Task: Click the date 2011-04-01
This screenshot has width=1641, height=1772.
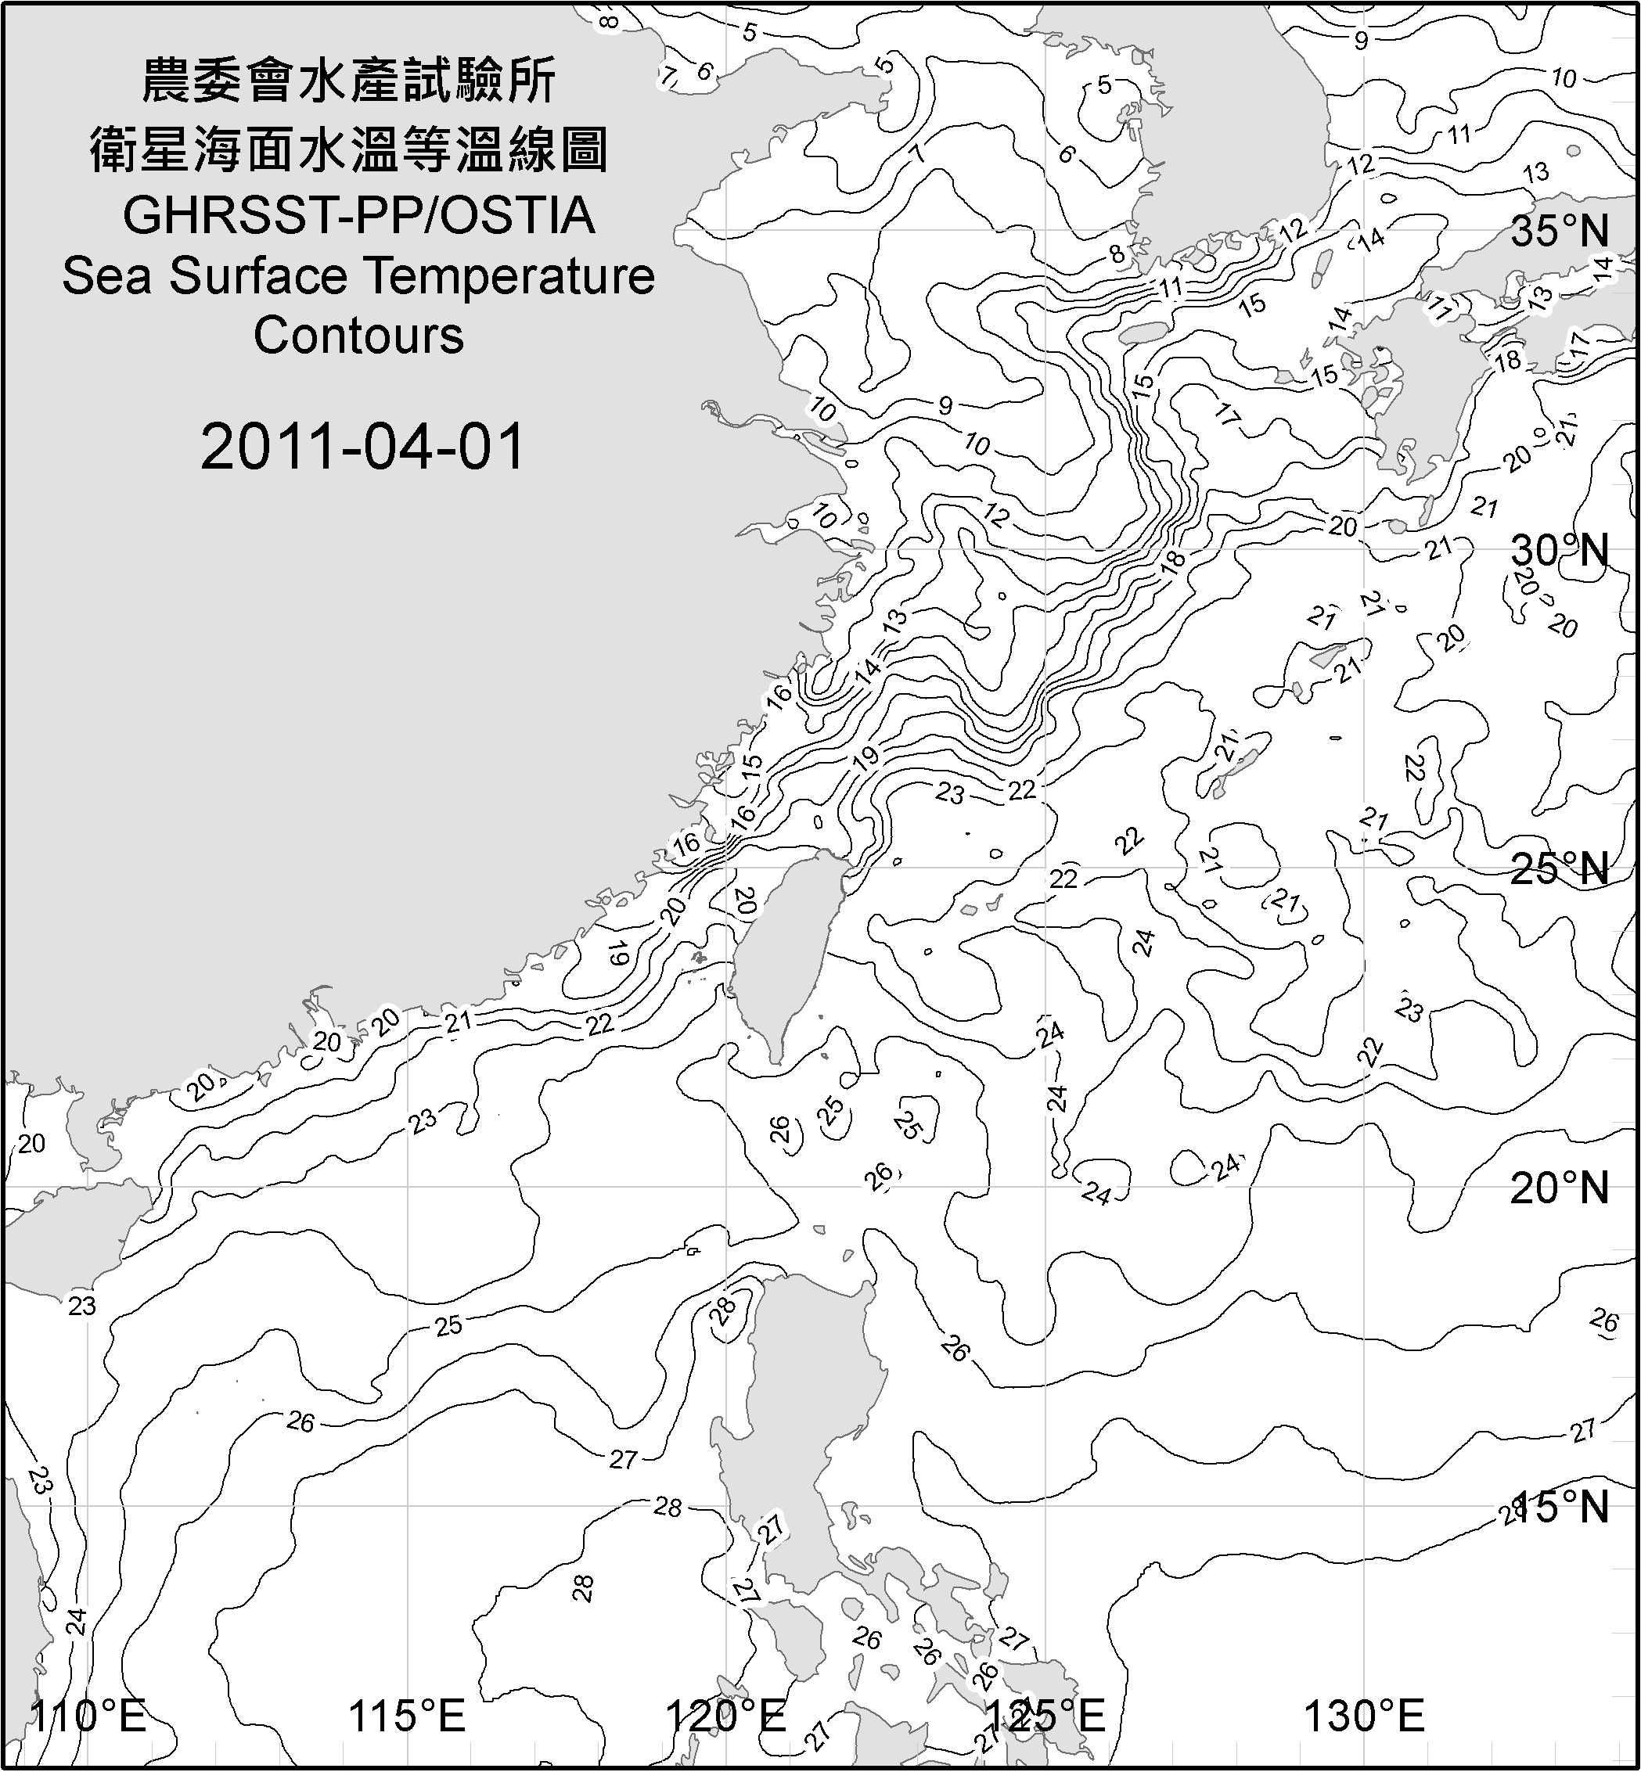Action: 362,447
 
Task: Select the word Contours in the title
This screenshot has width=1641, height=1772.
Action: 358,336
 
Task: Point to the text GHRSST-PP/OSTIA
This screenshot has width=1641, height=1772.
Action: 358,216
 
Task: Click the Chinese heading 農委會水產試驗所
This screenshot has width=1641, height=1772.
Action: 349,81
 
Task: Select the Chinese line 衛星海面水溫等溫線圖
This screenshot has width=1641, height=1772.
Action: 349,149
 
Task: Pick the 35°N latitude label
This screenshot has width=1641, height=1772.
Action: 1560,232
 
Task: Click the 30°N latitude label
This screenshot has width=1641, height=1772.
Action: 1560,552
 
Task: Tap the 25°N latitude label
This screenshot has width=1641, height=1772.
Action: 1560,868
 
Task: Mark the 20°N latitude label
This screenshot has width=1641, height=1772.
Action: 1560,1188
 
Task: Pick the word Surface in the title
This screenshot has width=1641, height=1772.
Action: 257,276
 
